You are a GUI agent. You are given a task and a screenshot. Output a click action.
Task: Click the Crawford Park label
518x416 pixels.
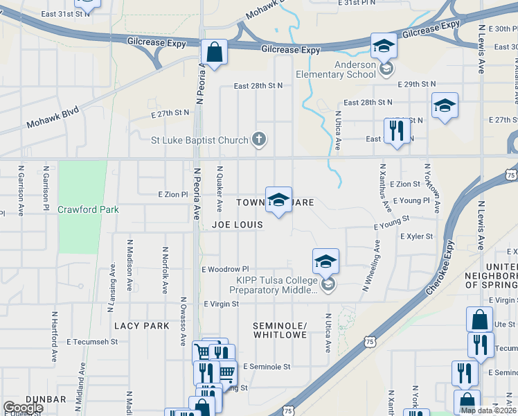pos(88,209)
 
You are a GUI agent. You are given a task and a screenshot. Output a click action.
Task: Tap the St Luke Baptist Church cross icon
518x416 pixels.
pos(259,140)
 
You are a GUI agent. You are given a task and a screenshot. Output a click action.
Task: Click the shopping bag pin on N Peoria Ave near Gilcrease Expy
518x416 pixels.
pos(215,52)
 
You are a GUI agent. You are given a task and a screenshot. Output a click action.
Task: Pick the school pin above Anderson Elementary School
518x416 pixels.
pos(384,46)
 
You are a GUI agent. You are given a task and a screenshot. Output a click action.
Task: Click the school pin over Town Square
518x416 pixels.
pos(278,200)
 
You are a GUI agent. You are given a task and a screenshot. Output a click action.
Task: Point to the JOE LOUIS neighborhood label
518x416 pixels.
pos(238,225)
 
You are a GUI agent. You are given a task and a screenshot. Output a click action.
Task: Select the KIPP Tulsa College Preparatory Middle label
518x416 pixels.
pos(277,286)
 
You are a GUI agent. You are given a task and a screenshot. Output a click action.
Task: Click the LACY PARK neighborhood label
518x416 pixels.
pos(142,326)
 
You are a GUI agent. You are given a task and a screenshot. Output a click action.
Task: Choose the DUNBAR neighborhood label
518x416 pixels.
pos(46,399)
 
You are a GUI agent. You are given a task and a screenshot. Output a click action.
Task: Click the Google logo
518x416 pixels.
pos(22,408)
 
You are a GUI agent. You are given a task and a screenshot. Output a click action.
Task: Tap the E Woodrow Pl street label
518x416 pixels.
pos(224,269)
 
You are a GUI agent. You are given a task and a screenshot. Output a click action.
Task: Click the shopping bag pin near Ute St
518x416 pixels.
pos(479,320)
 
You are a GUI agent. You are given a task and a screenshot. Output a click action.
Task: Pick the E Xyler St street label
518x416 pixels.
pos(416,236)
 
